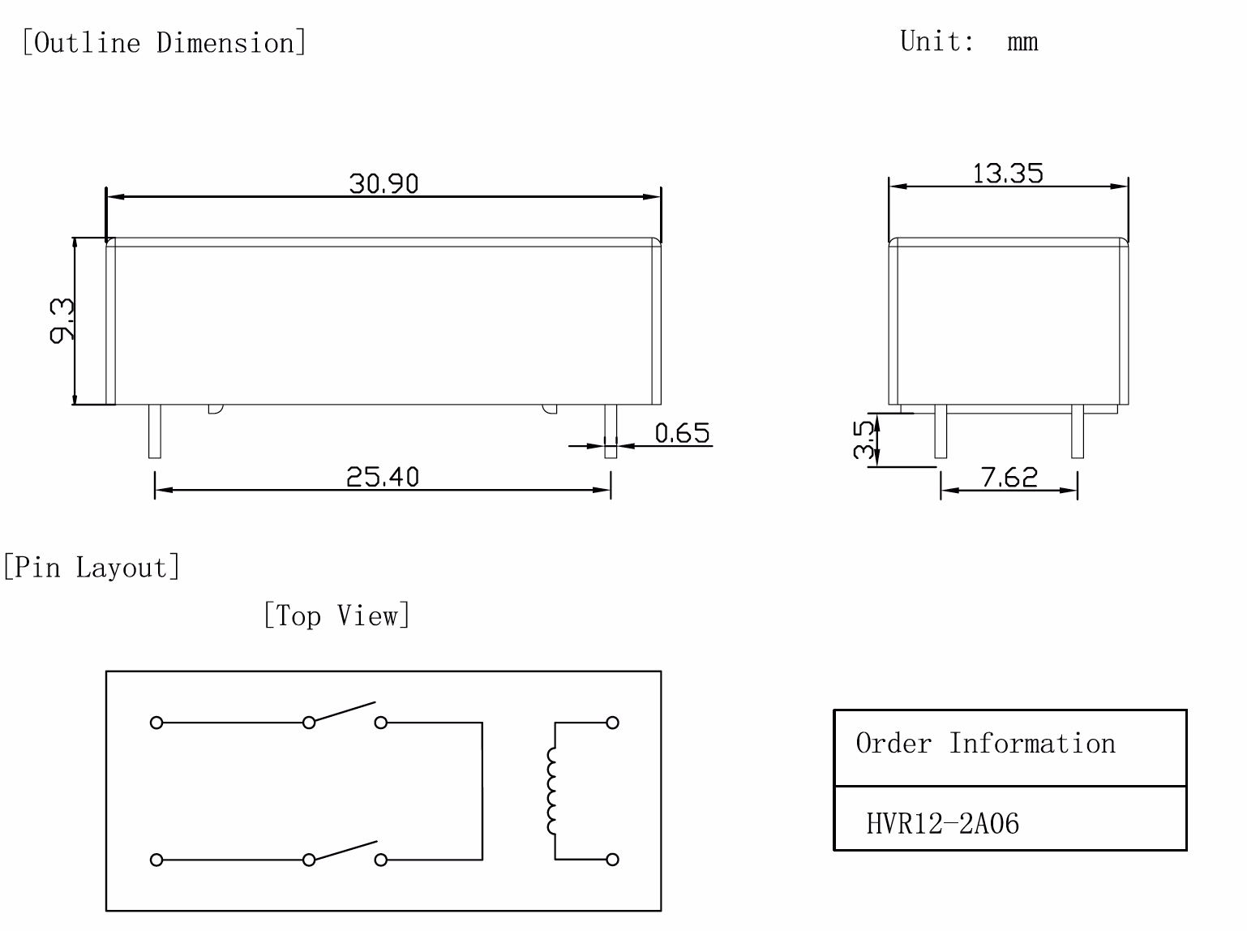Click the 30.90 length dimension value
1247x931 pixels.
pos(384,183)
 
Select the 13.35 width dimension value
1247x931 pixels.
pos(1008,174)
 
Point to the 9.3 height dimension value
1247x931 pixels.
pos(62,321)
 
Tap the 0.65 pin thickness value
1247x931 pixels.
pos(683,433)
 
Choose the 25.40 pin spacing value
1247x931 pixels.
pos(383,477)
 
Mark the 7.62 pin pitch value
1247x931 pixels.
pos(1009,477)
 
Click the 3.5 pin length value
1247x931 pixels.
pos(863,439)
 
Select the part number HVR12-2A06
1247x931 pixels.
pos(942,824)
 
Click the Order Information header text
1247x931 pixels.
pos(986,743)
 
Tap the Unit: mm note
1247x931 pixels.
pos(969,41)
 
